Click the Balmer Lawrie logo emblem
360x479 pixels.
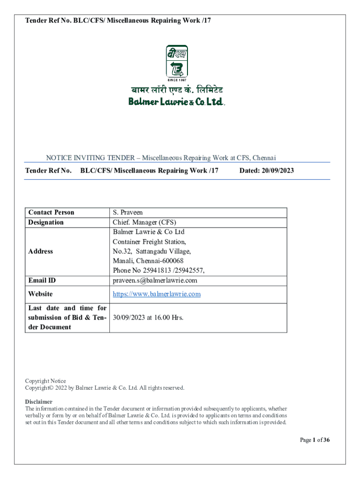click(x=177, y=61)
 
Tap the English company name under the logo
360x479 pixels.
click(x=177, y=101)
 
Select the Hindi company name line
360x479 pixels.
click(x=177, y=89)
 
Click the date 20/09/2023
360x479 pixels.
click(x=266, y=171)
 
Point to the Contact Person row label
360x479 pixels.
click(x=51, y=212)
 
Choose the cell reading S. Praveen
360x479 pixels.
click(x=128, y=212)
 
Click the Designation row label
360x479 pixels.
click(x=46, y=222)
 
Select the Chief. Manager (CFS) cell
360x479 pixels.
click(x=144, y=222)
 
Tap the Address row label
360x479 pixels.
click(x=41, y=251)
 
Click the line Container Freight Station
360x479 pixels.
click(x=149, y=242)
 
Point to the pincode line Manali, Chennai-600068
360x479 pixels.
click(x=148, y=261)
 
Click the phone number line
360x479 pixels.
click(x=158, y=270)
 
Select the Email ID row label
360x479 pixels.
click(x=42, y=280)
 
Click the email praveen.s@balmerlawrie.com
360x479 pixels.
click(x=155, y=280)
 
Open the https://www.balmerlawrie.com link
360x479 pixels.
click(x=157, y=294)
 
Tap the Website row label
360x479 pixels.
click(x=40, y=294)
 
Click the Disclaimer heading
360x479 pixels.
click(x=38, y=402)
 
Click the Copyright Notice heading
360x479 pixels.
click(x=45, y=381)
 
